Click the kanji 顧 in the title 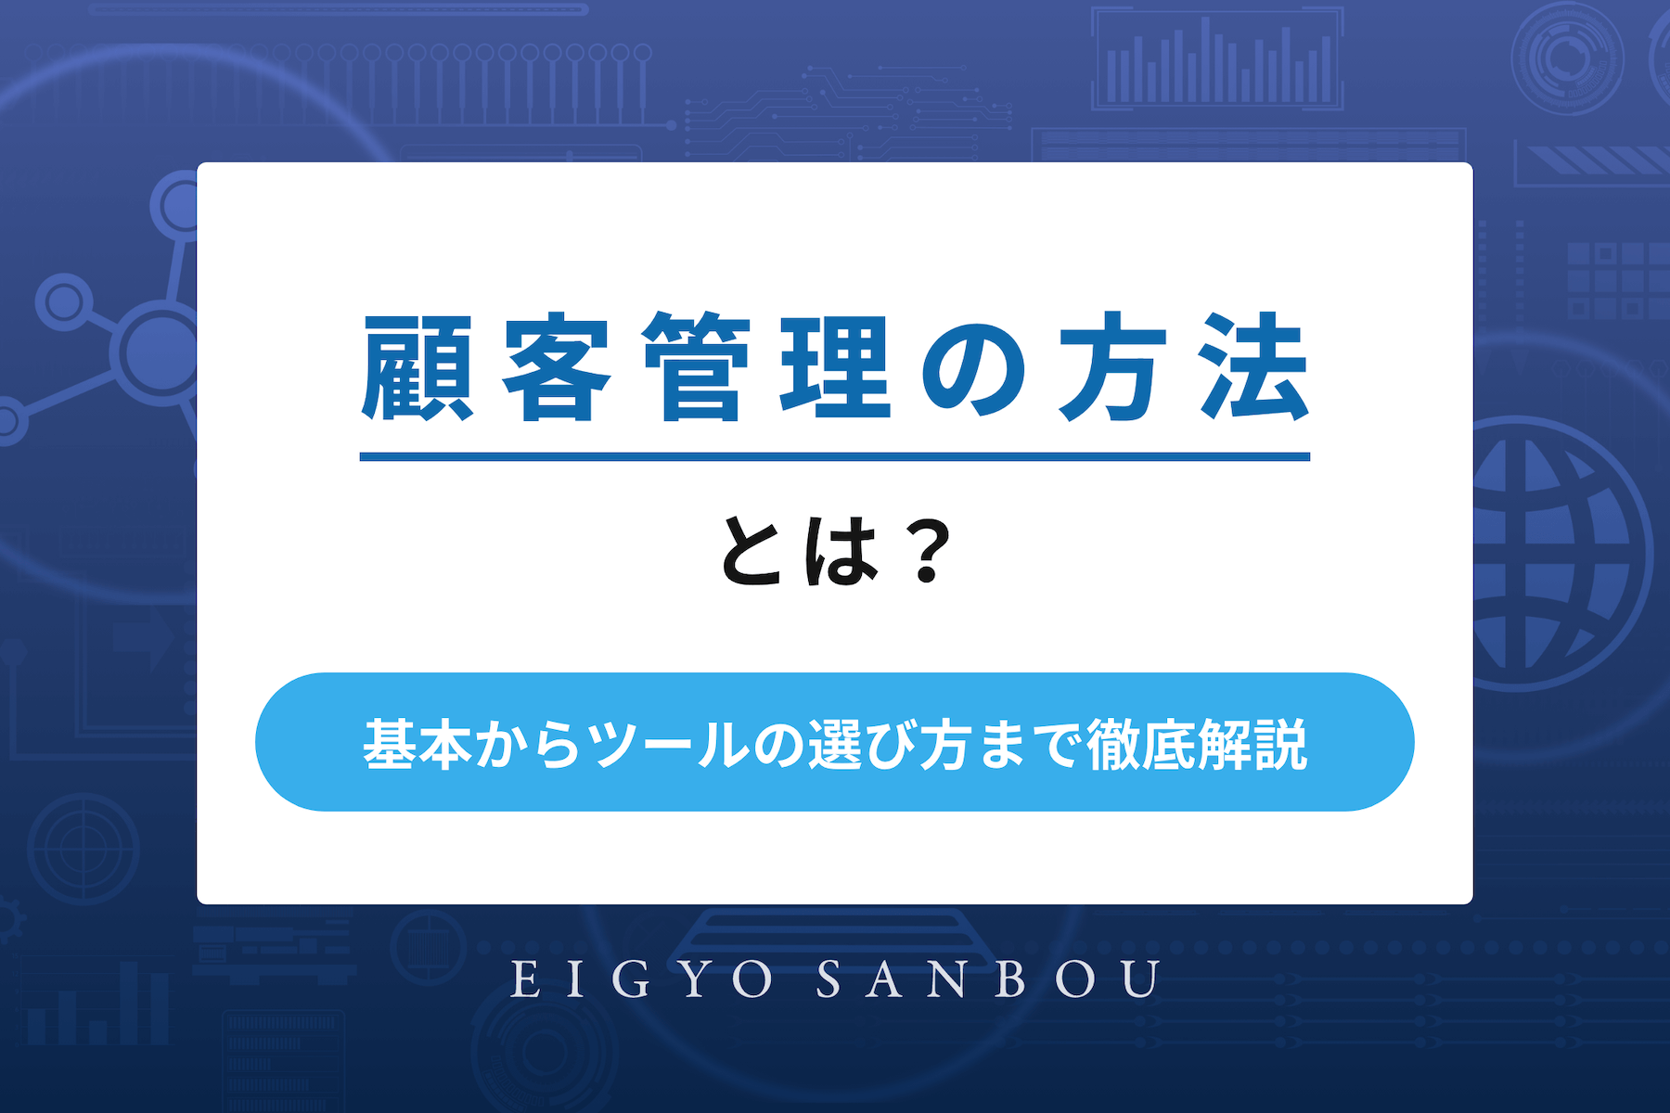tap(417, 368)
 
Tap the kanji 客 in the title tap(556, 368)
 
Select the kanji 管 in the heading tap(696, 368)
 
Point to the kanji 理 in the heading tap(835, 368)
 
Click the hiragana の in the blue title tap(974, 368)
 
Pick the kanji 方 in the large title tap(1113, 368)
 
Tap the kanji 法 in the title tap(1253, 368)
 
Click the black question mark tap(927, 551)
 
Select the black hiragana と tap(751, 551)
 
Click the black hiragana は tap(841, 551)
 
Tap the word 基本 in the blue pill tap(417, 744)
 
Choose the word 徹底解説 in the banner tap(1197, 744)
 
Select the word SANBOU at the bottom tap(988, 979)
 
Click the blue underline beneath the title tap(834, 456)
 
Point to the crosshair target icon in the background tap(83, 848)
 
